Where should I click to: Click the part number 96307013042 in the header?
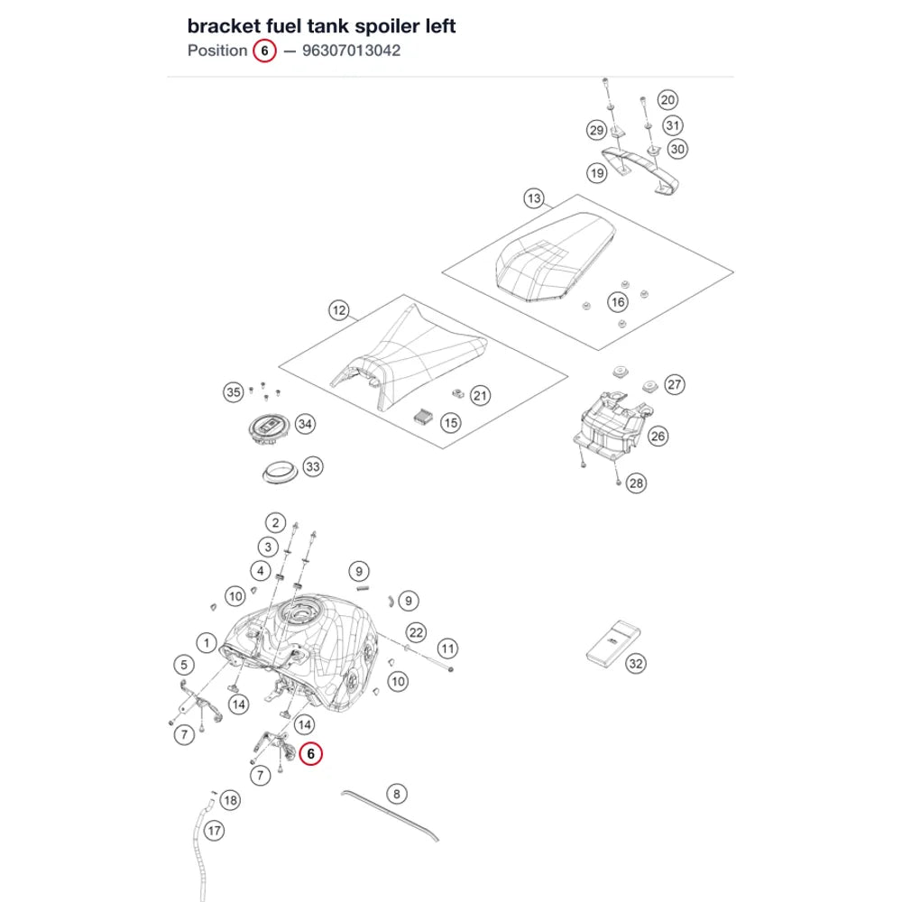click(351, 51)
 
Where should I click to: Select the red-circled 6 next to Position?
click(264, 51)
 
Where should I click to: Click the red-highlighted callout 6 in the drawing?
click(310, 753)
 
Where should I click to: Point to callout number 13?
click(534, 198)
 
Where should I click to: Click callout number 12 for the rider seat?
click(339, 310)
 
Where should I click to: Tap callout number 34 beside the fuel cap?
click(305, 424)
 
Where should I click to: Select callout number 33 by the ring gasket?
click(312, 466)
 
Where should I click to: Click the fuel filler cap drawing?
click(268, 429)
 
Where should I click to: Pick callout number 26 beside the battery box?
click(658, 436)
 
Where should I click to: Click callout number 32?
click(635, 663)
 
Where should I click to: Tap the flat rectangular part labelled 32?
click(612, 644)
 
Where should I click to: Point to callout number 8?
click(396, 794)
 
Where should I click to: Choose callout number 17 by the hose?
click(214, 831)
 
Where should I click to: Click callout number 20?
click(667, 100)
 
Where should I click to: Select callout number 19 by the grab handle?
click(596, 173)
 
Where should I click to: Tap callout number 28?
click(636, 483)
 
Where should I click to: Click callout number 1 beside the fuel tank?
click(207, 642)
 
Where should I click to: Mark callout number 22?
click(416, 633)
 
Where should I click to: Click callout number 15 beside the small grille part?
click(450, 423)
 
